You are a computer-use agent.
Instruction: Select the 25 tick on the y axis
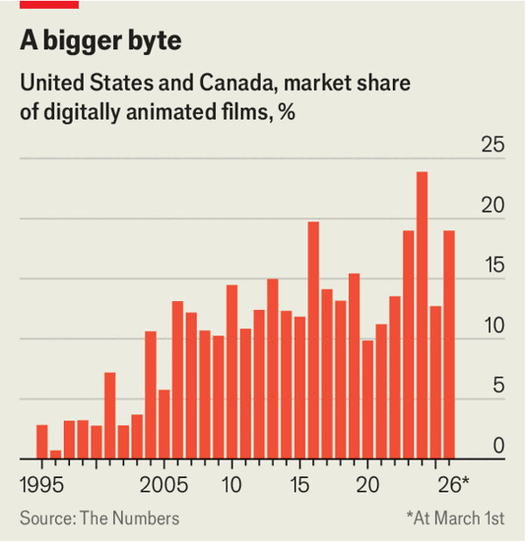[493, 145]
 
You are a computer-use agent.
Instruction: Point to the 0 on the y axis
[498, 446]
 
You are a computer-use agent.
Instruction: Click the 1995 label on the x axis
[42, 484]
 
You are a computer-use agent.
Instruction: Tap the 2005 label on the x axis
[164, 484]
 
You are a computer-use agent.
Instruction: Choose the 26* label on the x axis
[453, 484]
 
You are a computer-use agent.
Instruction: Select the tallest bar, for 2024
[422, 315]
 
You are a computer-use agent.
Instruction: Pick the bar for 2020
[367, 399]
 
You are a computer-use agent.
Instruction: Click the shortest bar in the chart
[55, 453]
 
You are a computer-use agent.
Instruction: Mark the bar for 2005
[164, 424]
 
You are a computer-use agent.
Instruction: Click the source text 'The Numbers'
[129, 518]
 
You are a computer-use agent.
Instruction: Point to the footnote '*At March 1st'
[455, 518]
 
